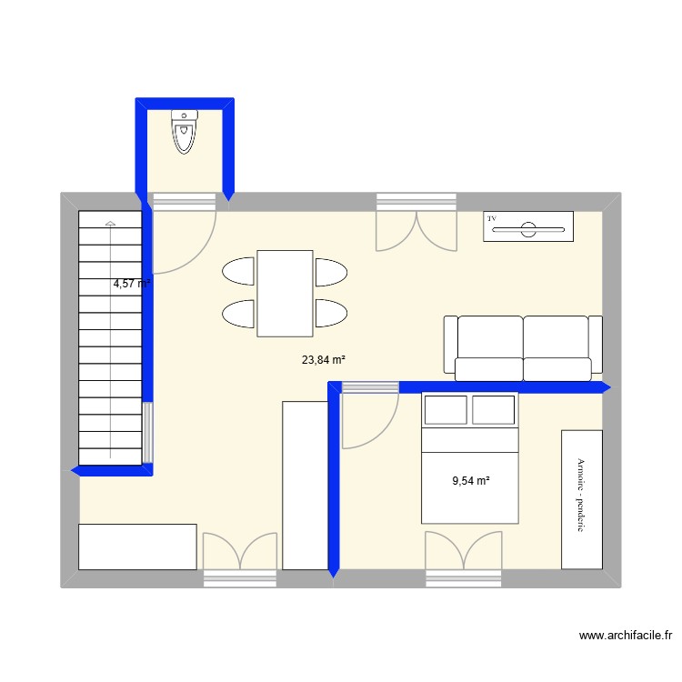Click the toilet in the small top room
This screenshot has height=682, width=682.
coord(185,133)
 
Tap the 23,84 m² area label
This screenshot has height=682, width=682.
coord(324,360)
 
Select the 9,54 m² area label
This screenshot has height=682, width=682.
coord(471,481)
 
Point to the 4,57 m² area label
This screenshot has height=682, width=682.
coord(131,284)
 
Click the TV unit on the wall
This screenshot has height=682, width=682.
coord(528,226)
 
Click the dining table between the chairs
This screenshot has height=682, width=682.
coord(285,293)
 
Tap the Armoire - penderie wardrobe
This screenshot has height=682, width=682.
coord(582,498)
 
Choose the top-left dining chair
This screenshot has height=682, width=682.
coord(238,272)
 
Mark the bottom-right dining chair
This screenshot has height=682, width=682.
coord(330,313)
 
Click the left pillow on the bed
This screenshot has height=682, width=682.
coord(446,410)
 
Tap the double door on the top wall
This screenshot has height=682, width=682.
coord(416,225)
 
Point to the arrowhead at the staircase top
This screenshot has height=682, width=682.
coord(110,223)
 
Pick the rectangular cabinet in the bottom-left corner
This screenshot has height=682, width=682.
coord(137,546)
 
